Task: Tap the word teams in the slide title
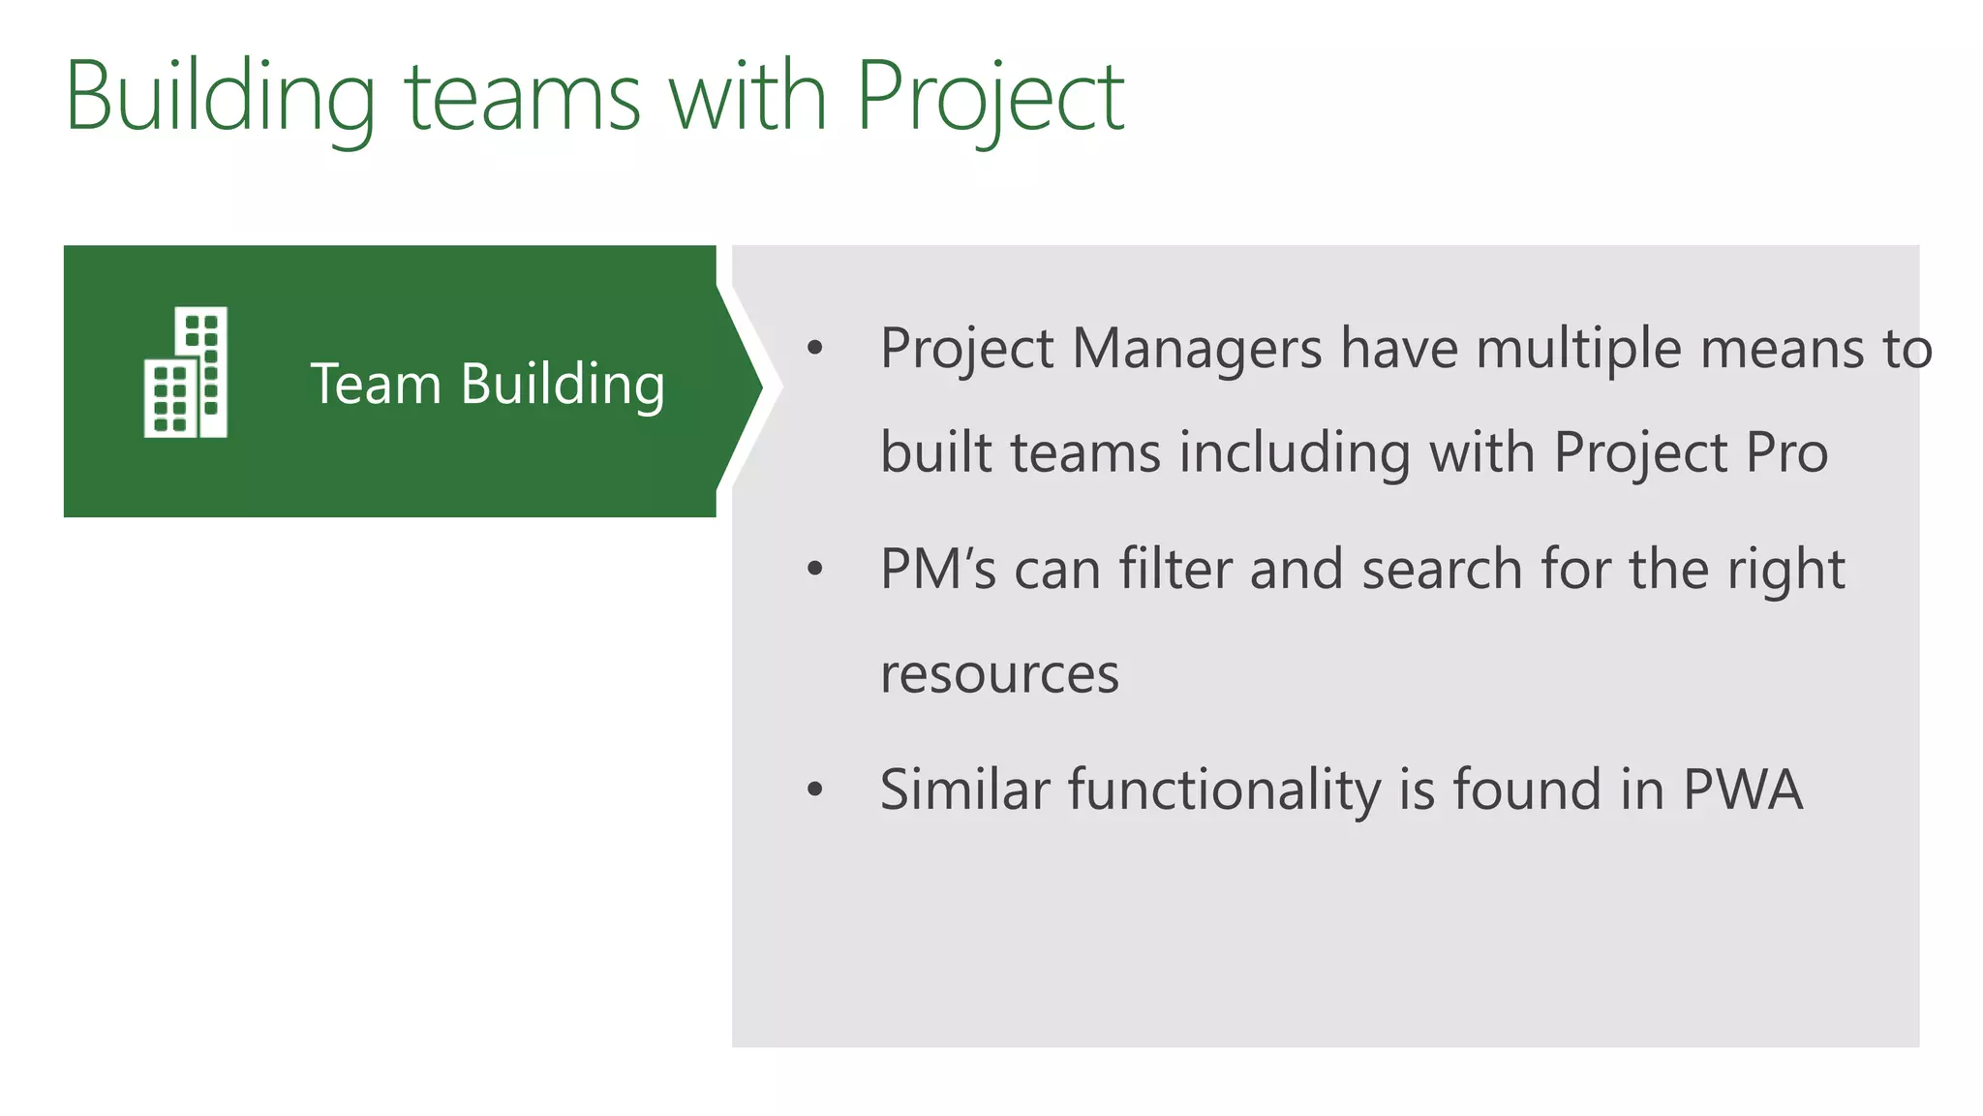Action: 522,97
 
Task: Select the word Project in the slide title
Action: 990,97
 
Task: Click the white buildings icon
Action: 186,372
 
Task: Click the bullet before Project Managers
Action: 814,349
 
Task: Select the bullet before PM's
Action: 814,570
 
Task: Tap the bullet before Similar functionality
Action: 814,790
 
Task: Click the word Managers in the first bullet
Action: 1197,349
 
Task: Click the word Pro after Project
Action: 1787,452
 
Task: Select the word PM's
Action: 937,570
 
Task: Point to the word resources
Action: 999,674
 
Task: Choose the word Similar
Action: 964,790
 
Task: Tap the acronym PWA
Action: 1743,790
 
